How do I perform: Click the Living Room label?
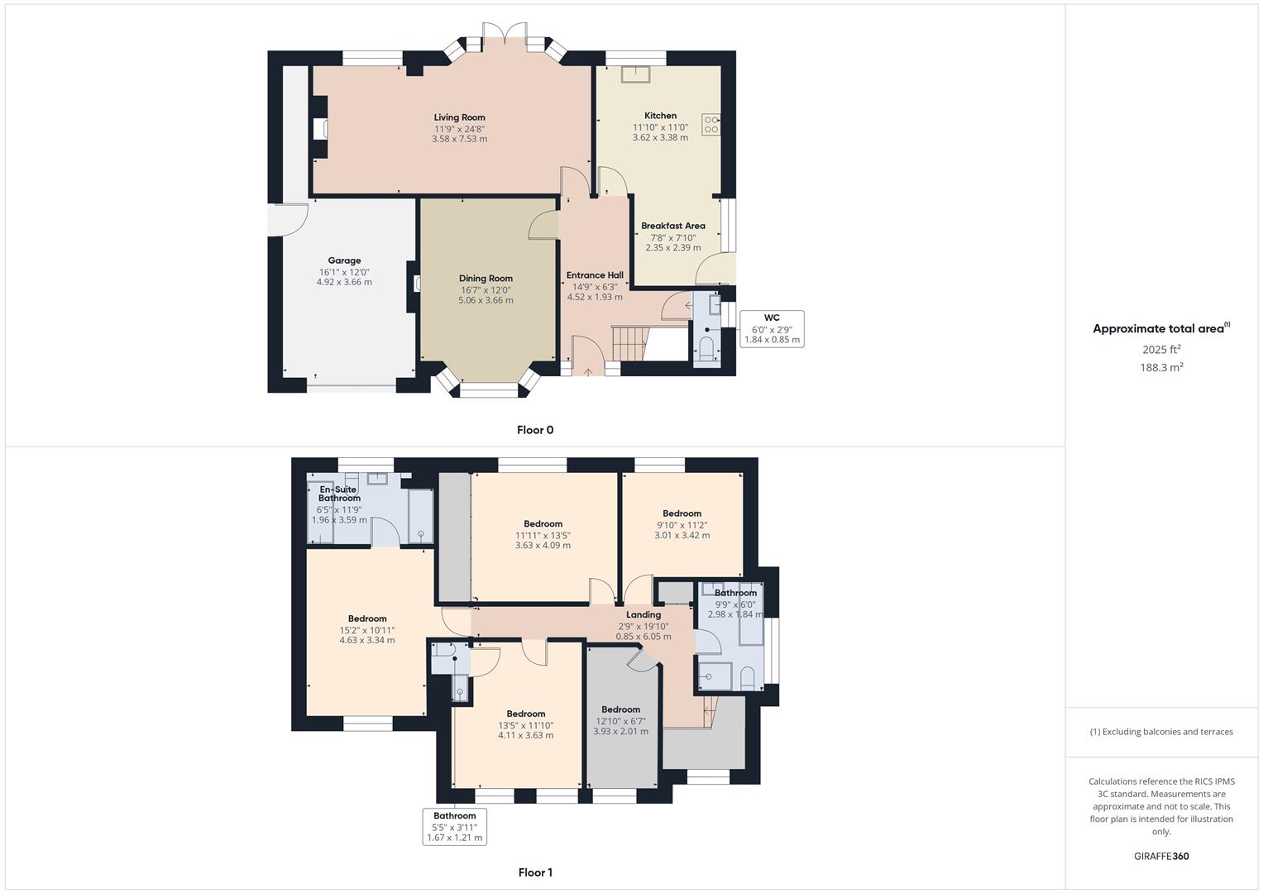459,117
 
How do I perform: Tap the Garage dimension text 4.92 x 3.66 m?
344,282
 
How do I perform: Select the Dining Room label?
486,279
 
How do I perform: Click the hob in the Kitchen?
710,124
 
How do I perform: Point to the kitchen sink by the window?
635,74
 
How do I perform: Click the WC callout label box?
772,328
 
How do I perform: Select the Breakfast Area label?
672,226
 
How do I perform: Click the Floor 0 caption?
535,430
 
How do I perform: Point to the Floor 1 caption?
535,872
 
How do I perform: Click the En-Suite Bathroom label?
339,494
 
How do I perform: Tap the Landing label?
643,614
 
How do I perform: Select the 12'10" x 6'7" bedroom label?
620,709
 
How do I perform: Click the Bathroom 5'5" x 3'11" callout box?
454,826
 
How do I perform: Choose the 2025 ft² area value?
1161,349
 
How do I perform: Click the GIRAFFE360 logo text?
1161,857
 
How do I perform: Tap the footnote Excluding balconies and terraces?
1161,732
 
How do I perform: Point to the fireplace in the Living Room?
321,129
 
